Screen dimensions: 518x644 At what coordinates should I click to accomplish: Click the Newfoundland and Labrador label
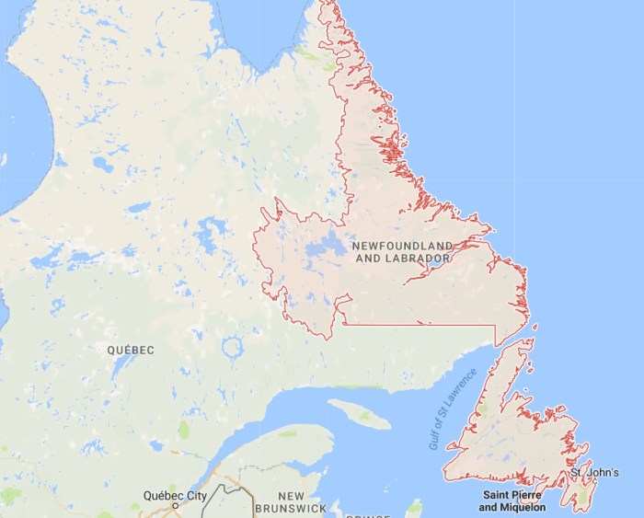point(403,252)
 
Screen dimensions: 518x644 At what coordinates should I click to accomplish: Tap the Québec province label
point(130,351)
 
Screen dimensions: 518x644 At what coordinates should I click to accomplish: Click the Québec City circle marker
point(175,506)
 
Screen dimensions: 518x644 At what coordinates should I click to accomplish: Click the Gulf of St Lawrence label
point(454,409)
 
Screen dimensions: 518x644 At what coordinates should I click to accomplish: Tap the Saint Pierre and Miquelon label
point(512,501)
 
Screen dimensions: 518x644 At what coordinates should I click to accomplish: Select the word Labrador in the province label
point(419,259)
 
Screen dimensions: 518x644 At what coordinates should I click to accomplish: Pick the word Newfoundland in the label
point(403,246)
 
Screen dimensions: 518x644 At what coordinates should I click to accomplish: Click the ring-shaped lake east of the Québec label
point(233,349)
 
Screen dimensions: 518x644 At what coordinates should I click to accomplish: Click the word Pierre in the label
point(529,496)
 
